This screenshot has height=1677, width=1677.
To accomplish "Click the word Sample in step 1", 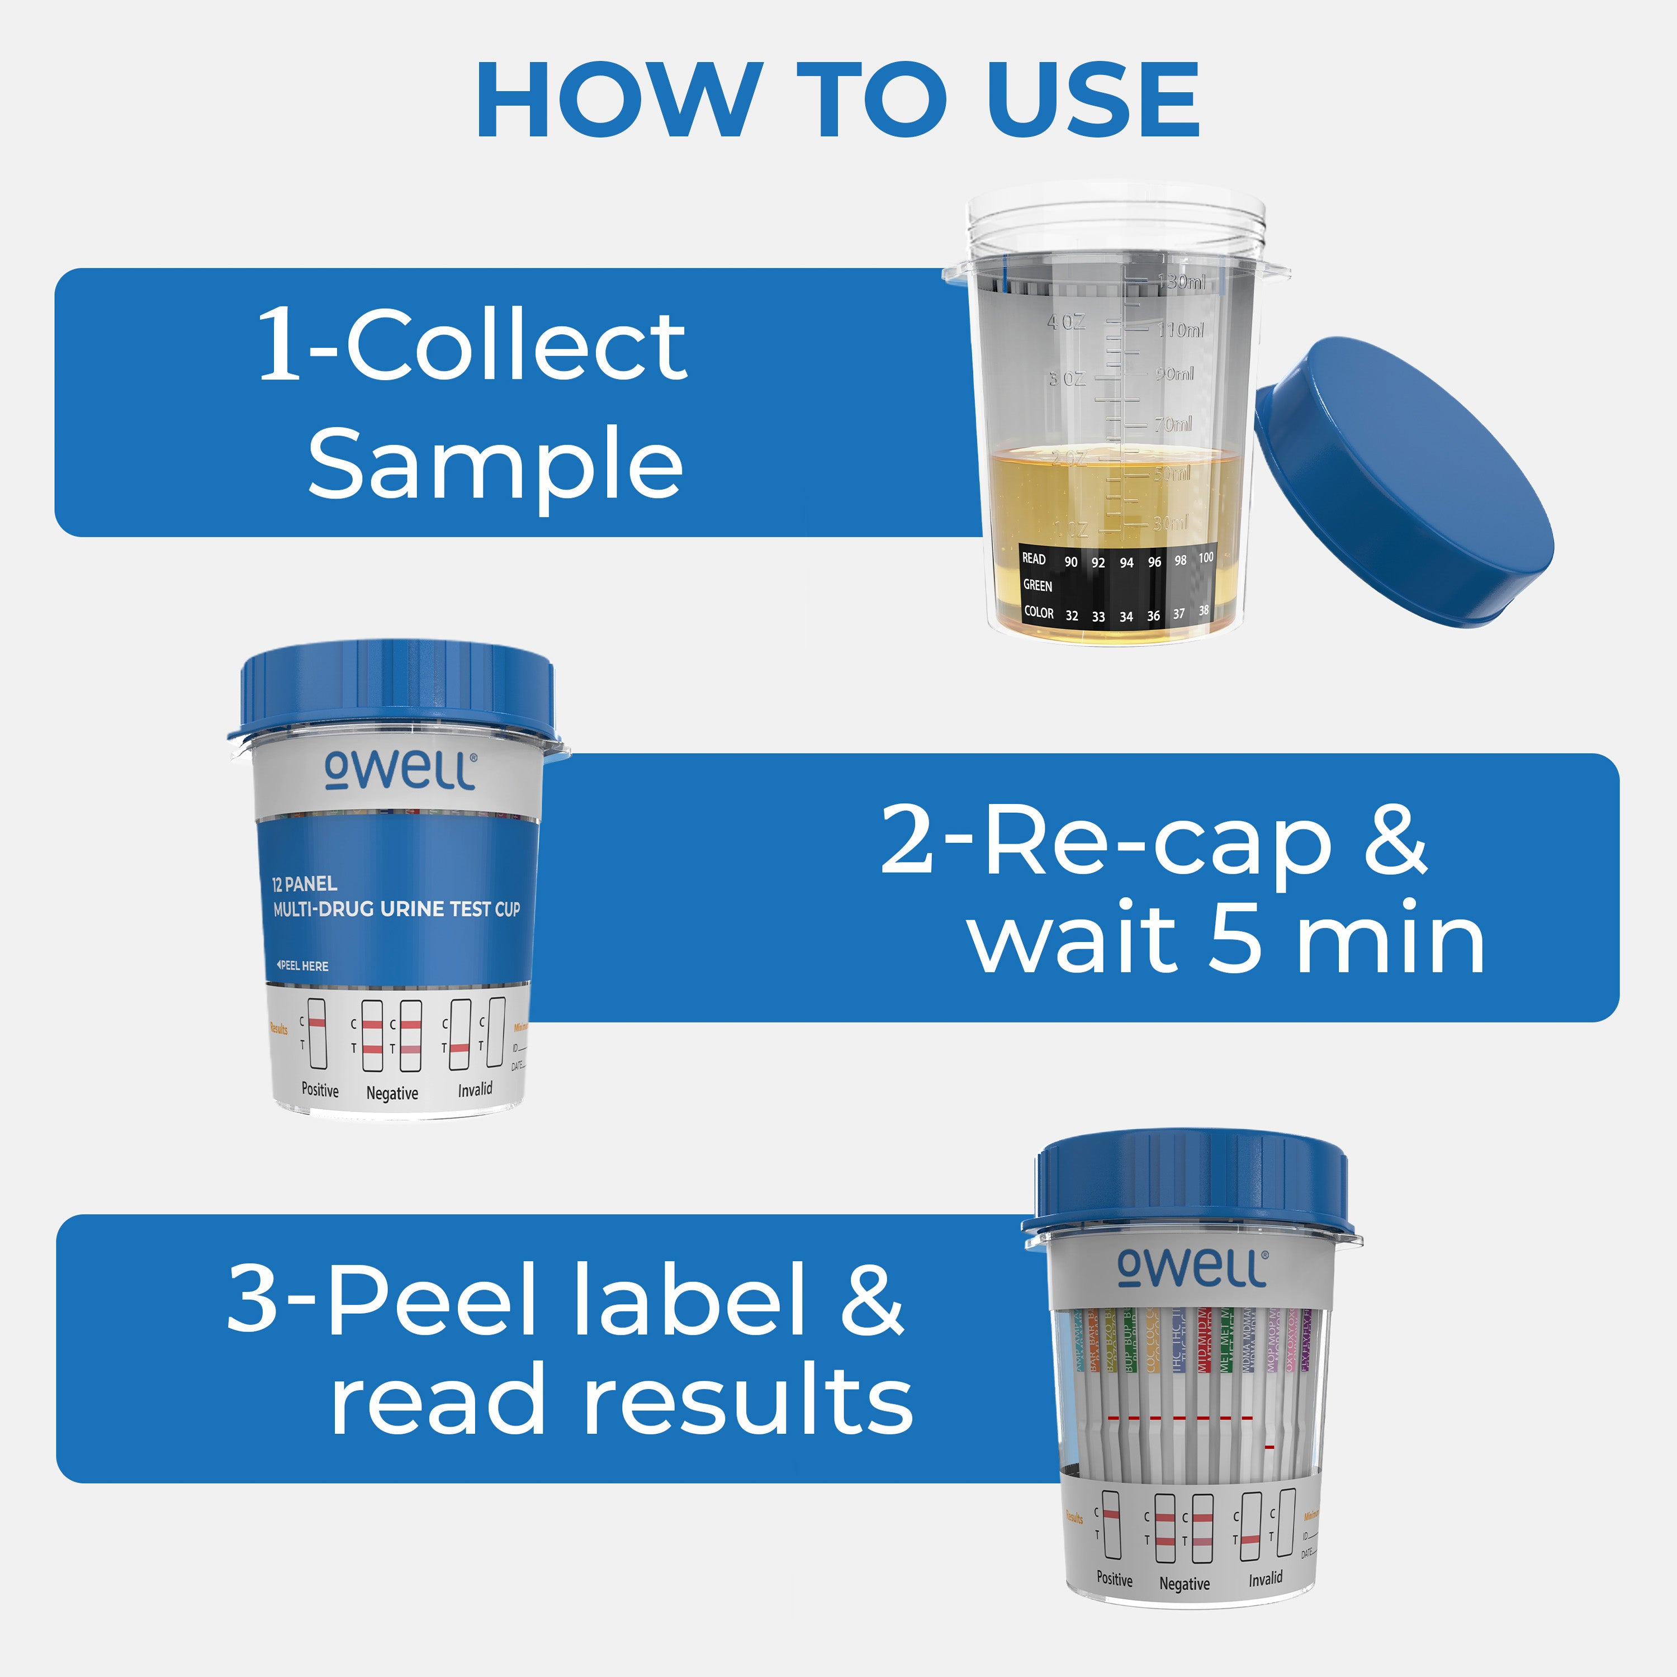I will (x=495, y=463).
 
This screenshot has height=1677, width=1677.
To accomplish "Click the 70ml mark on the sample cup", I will (x=1173, y=424).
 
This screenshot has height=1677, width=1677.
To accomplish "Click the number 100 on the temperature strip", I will (x=1206, y=558).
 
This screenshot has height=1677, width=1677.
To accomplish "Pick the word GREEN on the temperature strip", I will (x=1038, y=586).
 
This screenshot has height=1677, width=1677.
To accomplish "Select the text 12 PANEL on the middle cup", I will (x=304, y=884).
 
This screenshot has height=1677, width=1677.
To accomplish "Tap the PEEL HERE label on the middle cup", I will (x=303, y=966).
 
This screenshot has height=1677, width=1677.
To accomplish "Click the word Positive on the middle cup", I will (x=319, y=1090).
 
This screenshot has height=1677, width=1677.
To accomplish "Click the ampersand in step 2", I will (x=1395, y=840).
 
